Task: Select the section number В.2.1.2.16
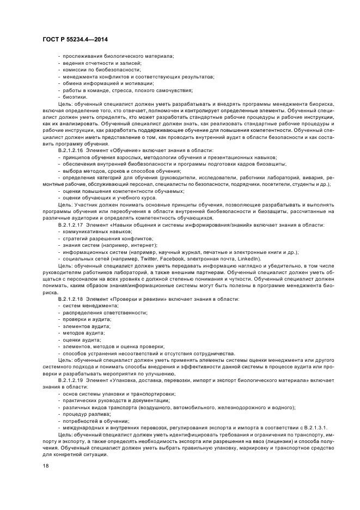coord(70,150)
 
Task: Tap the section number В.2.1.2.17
coord(70,224)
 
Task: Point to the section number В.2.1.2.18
coord(70,299)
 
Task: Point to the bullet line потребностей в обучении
coord(95,422)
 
